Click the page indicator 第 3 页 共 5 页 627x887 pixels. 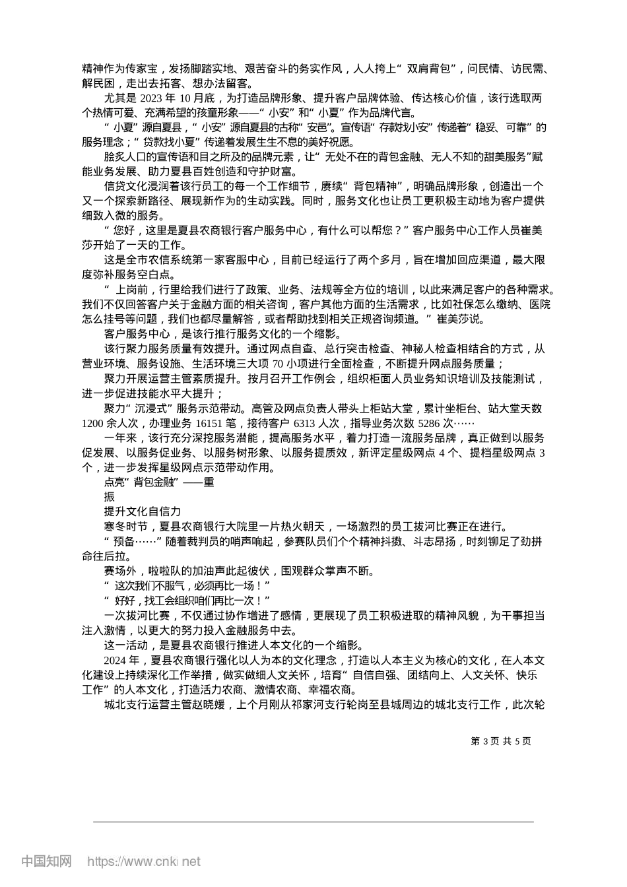(x=501, y=741)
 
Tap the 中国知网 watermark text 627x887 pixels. (x=47, y=861)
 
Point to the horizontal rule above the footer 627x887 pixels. (x=313, y=822)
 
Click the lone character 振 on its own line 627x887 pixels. (x=110, y=496)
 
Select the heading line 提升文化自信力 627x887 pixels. (x=143, y=511)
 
